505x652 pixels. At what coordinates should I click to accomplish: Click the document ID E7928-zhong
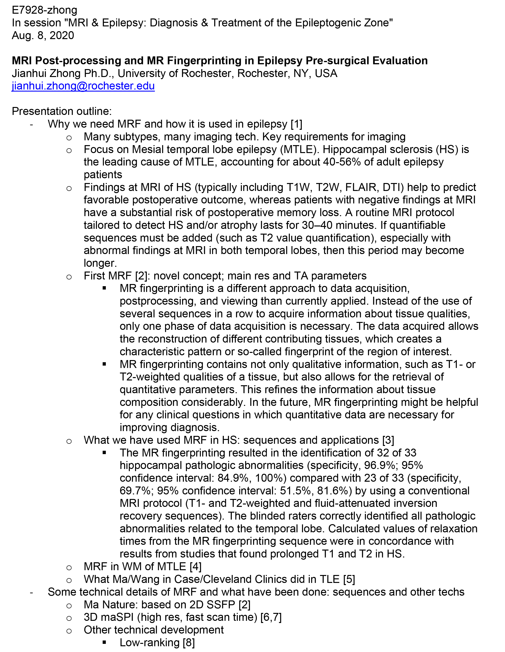[x=44, y=10]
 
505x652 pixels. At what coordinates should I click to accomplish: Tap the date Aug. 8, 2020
[x=43, y=36]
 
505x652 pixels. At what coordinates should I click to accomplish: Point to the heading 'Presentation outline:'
[x=61, y=111]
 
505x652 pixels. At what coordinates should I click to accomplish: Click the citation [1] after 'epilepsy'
[x=297, y=124]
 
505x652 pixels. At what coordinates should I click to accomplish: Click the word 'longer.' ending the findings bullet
[x=100, y=263]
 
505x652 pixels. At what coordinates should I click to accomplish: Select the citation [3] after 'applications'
[x=388, y=440]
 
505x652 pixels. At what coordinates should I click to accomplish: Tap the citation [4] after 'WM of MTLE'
[x=196, y=567]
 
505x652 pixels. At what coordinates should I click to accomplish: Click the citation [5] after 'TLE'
[x=349, y=579]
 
